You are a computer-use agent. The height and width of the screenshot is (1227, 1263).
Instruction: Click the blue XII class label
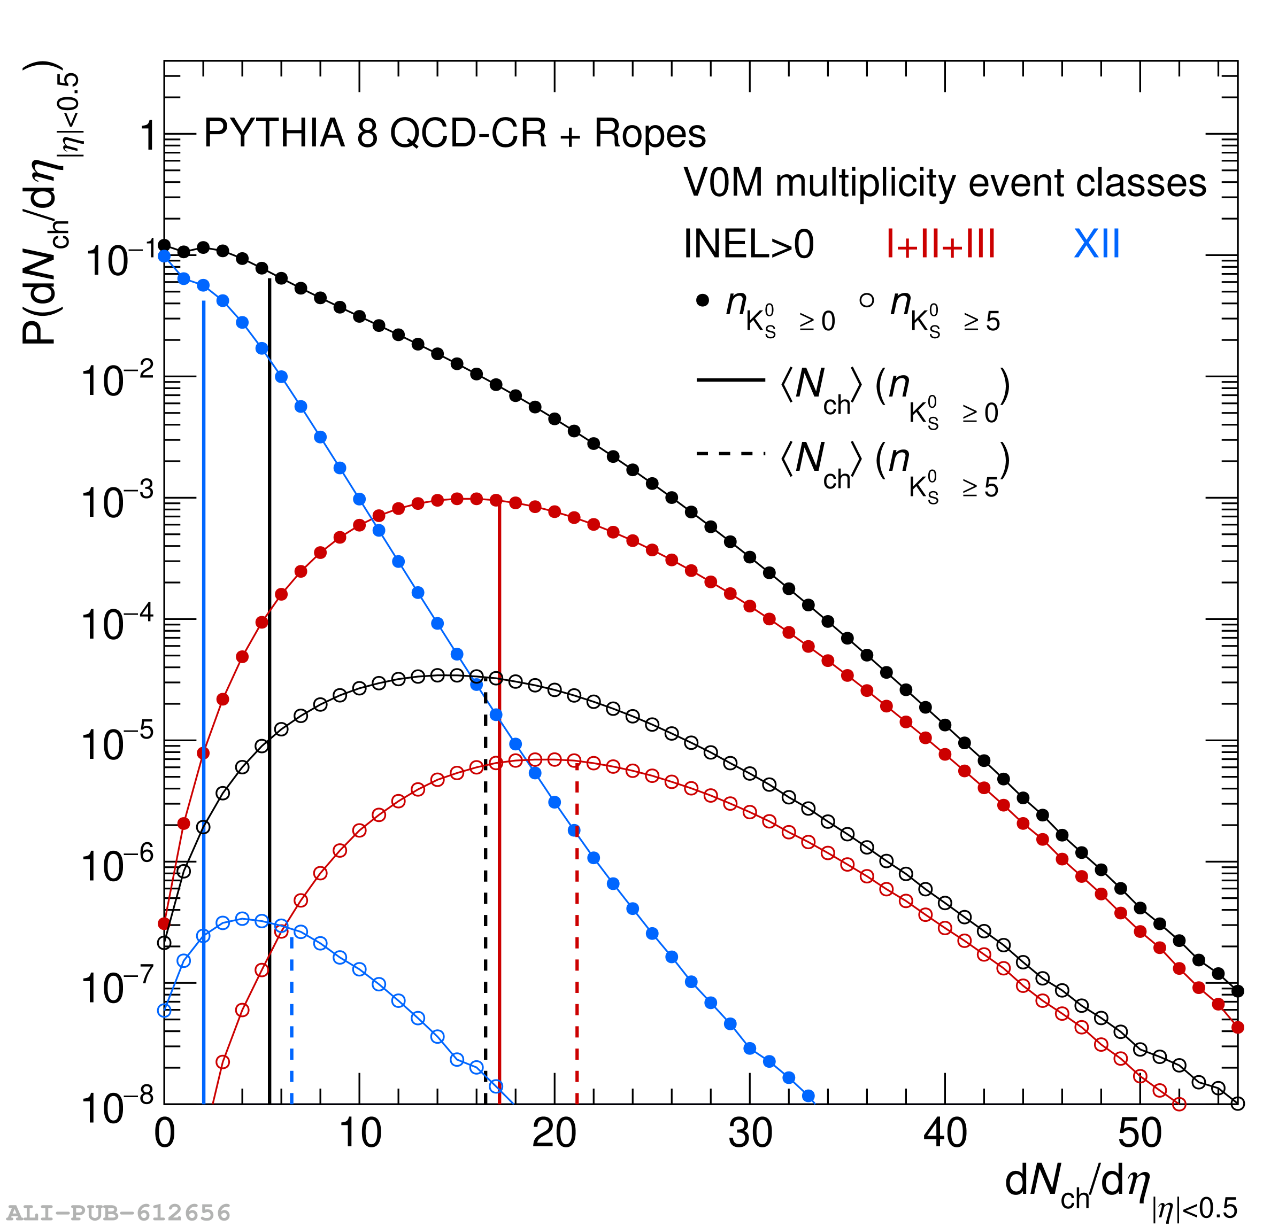tap(1097, 245)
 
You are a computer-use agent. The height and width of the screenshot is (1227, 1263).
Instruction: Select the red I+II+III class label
tap(941, 245)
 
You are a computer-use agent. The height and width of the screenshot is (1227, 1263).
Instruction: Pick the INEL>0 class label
tap(749, 245)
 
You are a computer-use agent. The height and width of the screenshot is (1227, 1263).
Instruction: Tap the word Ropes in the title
tap(650, 134)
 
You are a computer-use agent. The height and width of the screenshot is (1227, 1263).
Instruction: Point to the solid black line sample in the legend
tap(730, 380)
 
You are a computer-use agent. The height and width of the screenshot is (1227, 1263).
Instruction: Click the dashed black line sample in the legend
tap(730, 454)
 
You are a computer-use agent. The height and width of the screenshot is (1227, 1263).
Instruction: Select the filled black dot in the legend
tap(703, 300)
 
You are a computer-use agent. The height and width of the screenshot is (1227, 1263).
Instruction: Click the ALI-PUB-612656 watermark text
tap(119, 1213)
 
